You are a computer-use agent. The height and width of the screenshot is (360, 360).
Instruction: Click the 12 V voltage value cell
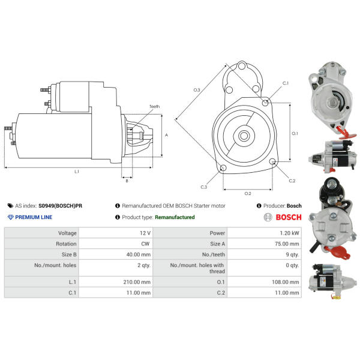(145, 233)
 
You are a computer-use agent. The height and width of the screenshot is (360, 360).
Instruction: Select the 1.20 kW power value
(289, 233)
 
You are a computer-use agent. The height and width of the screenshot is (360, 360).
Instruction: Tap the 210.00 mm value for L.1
(137, 282)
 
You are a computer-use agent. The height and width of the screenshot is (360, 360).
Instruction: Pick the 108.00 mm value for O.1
(286, 282)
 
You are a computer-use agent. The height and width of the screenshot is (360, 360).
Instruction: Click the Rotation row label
(66, 244)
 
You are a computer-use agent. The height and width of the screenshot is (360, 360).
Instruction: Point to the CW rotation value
(145, 244)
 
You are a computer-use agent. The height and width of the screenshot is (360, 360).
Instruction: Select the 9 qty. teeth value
(292, 254)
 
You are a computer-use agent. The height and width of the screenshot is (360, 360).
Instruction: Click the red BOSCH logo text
(289, 217)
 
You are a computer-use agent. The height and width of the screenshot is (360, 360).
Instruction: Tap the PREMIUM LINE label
(34, 217)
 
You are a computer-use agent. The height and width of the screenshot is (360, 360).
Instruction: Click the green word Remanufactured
(175, 217)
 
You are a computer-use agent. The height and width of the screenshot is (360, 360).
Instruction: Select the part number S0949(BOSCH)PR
(60, 206)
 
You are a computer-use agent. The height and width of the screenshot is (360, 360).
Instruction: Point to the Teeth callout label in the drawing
(154, 107)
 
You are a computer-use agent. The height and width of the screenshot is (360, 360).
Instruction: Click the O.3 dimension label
(197, 90)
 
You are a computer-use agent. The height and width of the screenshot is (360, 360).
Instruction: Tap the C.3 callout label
(204, 187)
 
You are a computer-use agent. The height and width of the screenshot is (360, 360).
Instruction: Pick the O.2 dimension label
(248, 194)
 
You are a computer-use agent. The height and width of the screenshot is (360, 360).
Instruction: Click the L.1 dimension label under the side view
(77, 172)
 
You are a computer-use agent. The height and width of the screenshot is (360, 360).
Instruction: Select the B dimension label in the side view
(127, 181)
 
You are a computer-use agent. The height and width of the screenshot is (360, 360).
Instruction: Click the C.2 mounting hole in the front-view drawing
(272, 161)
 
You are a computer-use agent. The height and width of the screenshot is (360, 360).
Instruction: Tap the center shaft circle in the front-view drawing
(244, 136)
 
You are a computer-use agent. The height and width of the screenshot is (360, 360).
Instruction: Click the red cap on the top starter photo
(344, 133)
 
